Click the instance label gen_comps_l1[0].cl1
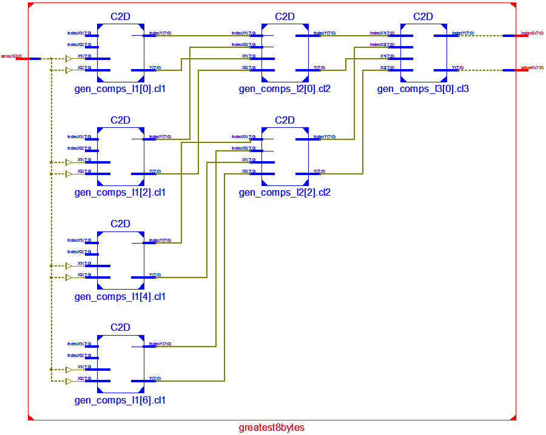click(120, 89)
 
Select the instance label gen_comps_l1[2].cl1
click(120, 193)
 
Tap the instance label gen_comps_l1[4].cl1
click(120, 297)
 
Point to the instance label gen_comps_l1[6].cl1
click(120, 400)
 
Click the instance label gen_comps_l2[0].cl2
click(285, 89)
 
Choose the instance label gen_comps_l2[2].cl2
click(285, 193)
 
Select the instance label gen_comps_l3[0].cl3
click(423, 89)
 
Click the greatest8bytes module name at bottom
click(272, 428)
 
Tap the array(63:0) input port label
click(12, 56)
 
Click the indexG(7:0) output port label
click(532, 33)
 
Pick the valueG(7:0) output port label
click(532, 68)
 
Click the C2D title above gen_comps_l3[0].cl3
click(423, 16)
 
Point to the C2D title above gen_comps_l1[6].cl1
click(120, 328)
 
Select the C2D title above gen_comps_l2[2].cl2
click(285, 120)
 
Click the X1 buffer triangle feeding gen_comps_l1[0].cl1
click(69, 59)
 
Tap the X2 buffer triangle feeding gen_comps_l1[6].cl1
click(69, 381)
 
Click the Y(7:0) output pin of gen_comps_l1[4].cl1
click(154, 275)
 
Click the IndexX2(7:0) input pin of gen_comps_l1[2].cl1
click(79, 148)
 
